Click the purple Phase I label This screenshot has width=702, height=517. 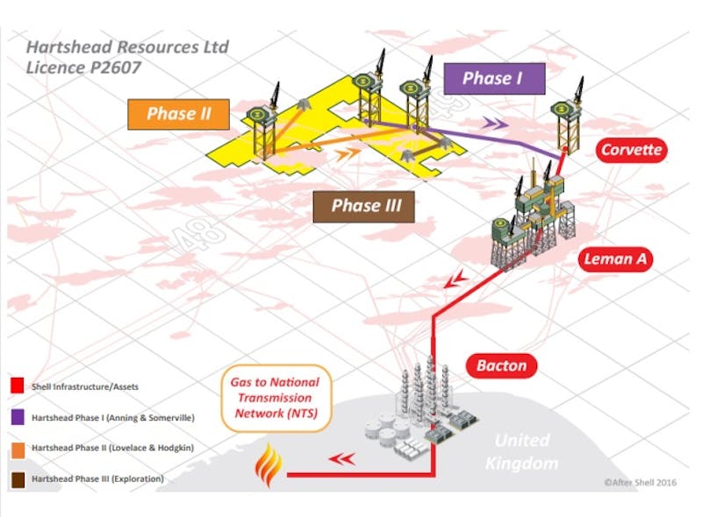tap(492, 78)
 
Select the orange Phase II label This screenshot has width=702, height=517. tap(178, 114)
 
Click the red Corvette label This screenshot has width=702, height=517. tap(632, 150)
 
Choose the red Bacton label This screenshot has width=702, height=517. tap(505, 365)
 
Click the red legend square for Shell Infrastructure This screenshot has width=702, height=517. tap(16, 386)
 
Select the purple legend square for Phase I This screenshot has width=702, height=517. tap(16, 416)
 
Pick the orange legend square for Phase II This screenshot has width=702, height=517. tap(16, 448)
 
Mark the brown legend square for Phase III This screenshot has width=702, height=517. tap(16, 478)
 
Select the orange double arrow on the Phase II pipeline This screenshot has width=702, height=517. tap(347, 154)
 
